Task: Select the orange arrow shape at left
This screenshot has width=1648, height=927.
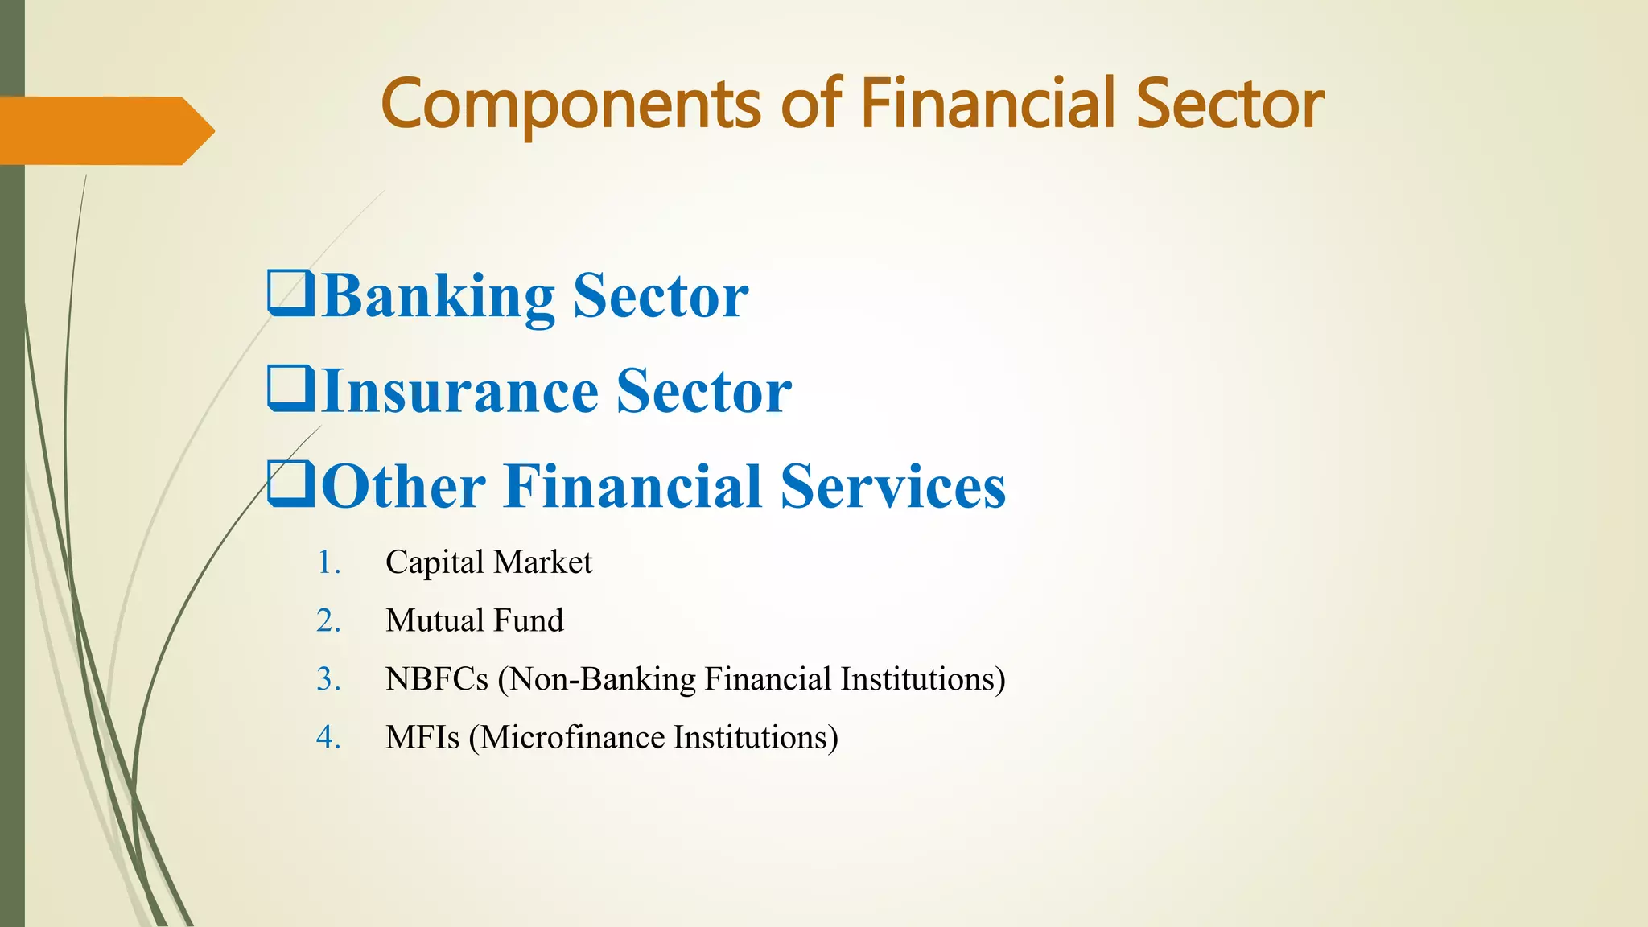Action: coord(105,130)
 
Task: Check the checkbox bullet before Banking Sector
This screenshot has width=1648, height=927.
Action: coord(290,294)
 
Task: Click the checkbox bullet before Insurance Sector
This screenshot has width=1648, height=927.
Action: coord(290,389)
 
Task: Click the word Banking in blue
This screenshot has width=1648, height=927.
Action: coord(438,297)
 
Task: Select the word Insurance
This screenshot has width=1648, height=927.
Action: coord(459,391)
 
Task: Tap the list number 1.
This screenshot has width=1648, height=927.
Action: coord(328,562)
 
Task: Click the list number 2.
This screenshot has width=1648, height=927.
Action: coord(328,621)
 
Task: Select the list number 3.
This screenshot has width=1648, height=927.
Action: coord(328,679)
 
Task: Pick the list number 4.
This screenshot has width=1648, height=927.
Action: coord(328,738)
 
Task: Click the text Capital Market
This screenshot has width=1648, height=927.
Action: coord(488,562)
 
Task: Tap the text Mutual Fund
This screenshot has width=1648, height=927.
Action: coord(474,621)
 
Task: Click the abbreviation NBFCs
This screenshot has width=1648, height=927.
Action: coord(436,679)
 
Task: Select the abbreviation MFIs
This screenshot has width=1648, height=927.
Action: coord(422,738)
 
